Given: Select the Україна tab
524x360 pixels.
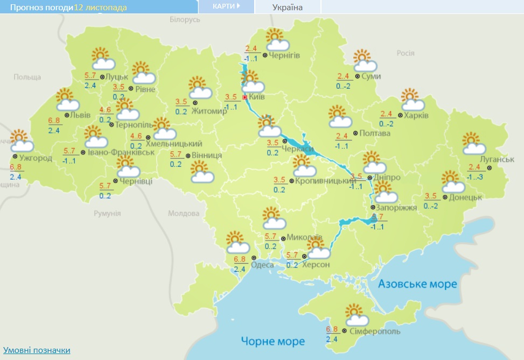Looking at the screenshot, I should (x=288, y=7).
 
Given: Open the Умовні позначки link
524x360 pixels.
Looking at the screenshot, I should (x=37, y=350).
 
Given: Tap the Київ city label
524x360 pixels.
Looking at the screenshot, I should (x=257, y=97).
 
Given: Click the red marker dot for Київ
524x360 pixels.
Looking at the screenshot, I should (x=245, y=97).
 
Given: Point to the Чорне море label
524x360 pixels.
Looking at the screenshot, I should (x=273, y=341).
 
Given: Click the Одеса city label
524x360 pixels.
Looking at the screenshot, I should (x=262, y=264).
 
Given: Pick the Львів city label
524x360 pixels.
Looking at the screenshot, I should (x=81, y=115).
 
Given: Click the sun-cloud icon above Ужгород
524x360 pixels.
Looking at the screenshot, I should (x=21, y=140).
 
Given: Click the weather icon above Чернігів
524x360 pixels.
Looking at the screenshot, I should (x=276, y=39).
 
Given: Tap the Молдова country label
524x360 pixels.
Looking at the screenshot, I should (x=183, y=214).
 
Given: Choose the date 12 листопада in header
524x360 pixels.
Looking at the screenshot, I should (x=98, y=7).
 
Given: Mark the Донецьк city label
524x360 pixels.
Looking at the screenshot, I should (x=464, y=197).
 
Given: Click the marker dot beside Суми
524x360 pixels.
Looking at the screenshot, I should (x=358, y=76).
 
